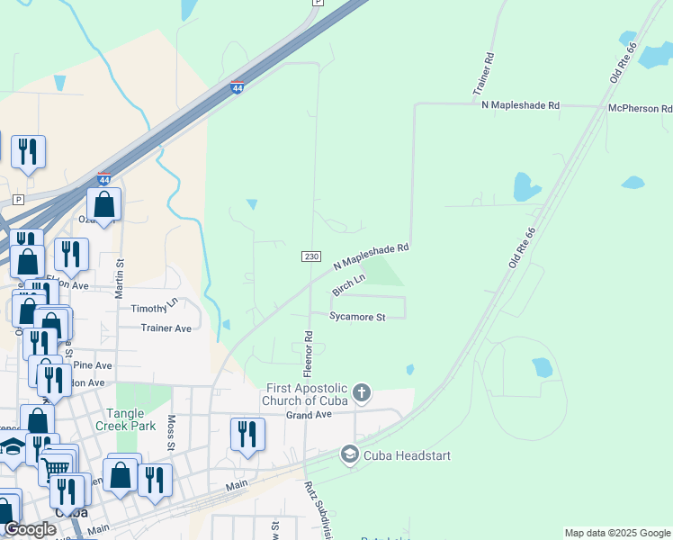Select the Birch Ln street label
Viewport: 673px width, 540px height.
tap(348, 285)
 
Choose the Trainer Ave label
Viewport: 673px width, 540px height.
tap(166, 328)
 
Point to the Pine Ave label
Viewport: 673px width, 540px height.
tap(94, 365)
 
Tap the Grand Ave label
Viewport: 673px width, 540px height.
tap(310, 415)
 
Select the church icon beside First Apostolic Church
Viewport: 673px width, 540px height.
tap(362, 392)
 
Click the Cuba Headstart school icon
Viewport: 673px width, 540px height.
tap(349, 455)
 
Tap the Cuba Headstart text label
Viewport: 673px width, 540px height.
tap(407, 455)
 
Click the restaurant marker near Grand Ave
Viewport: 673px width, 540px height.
tap(247, 434)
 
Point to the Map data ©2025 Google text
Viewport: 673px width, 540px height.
tap(617, 533)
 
